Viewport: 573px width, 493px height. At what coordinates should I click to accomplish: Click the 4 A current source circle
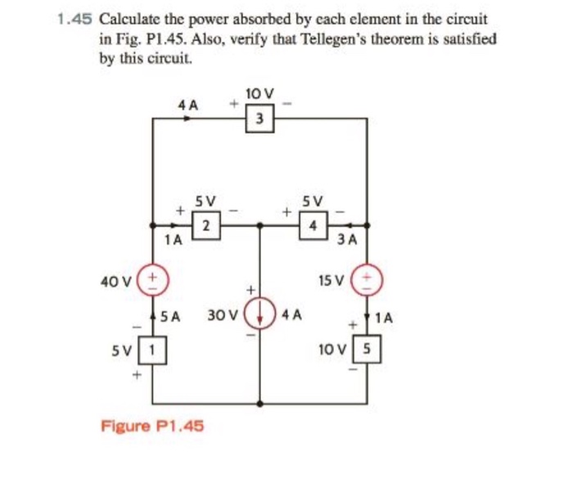tap(260, 313)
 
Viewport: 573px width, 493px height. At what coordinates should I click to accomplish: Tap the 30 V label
tap(222, 314)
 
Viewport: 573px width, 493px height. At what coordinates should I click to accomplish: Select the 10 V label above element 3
tap(259, 93)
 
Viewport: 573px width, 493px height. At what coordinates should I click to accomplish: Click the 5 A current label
tap(169, 314)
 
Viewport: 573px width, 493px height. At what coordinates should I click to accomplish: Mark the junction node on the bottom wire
tap(260, 404)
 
